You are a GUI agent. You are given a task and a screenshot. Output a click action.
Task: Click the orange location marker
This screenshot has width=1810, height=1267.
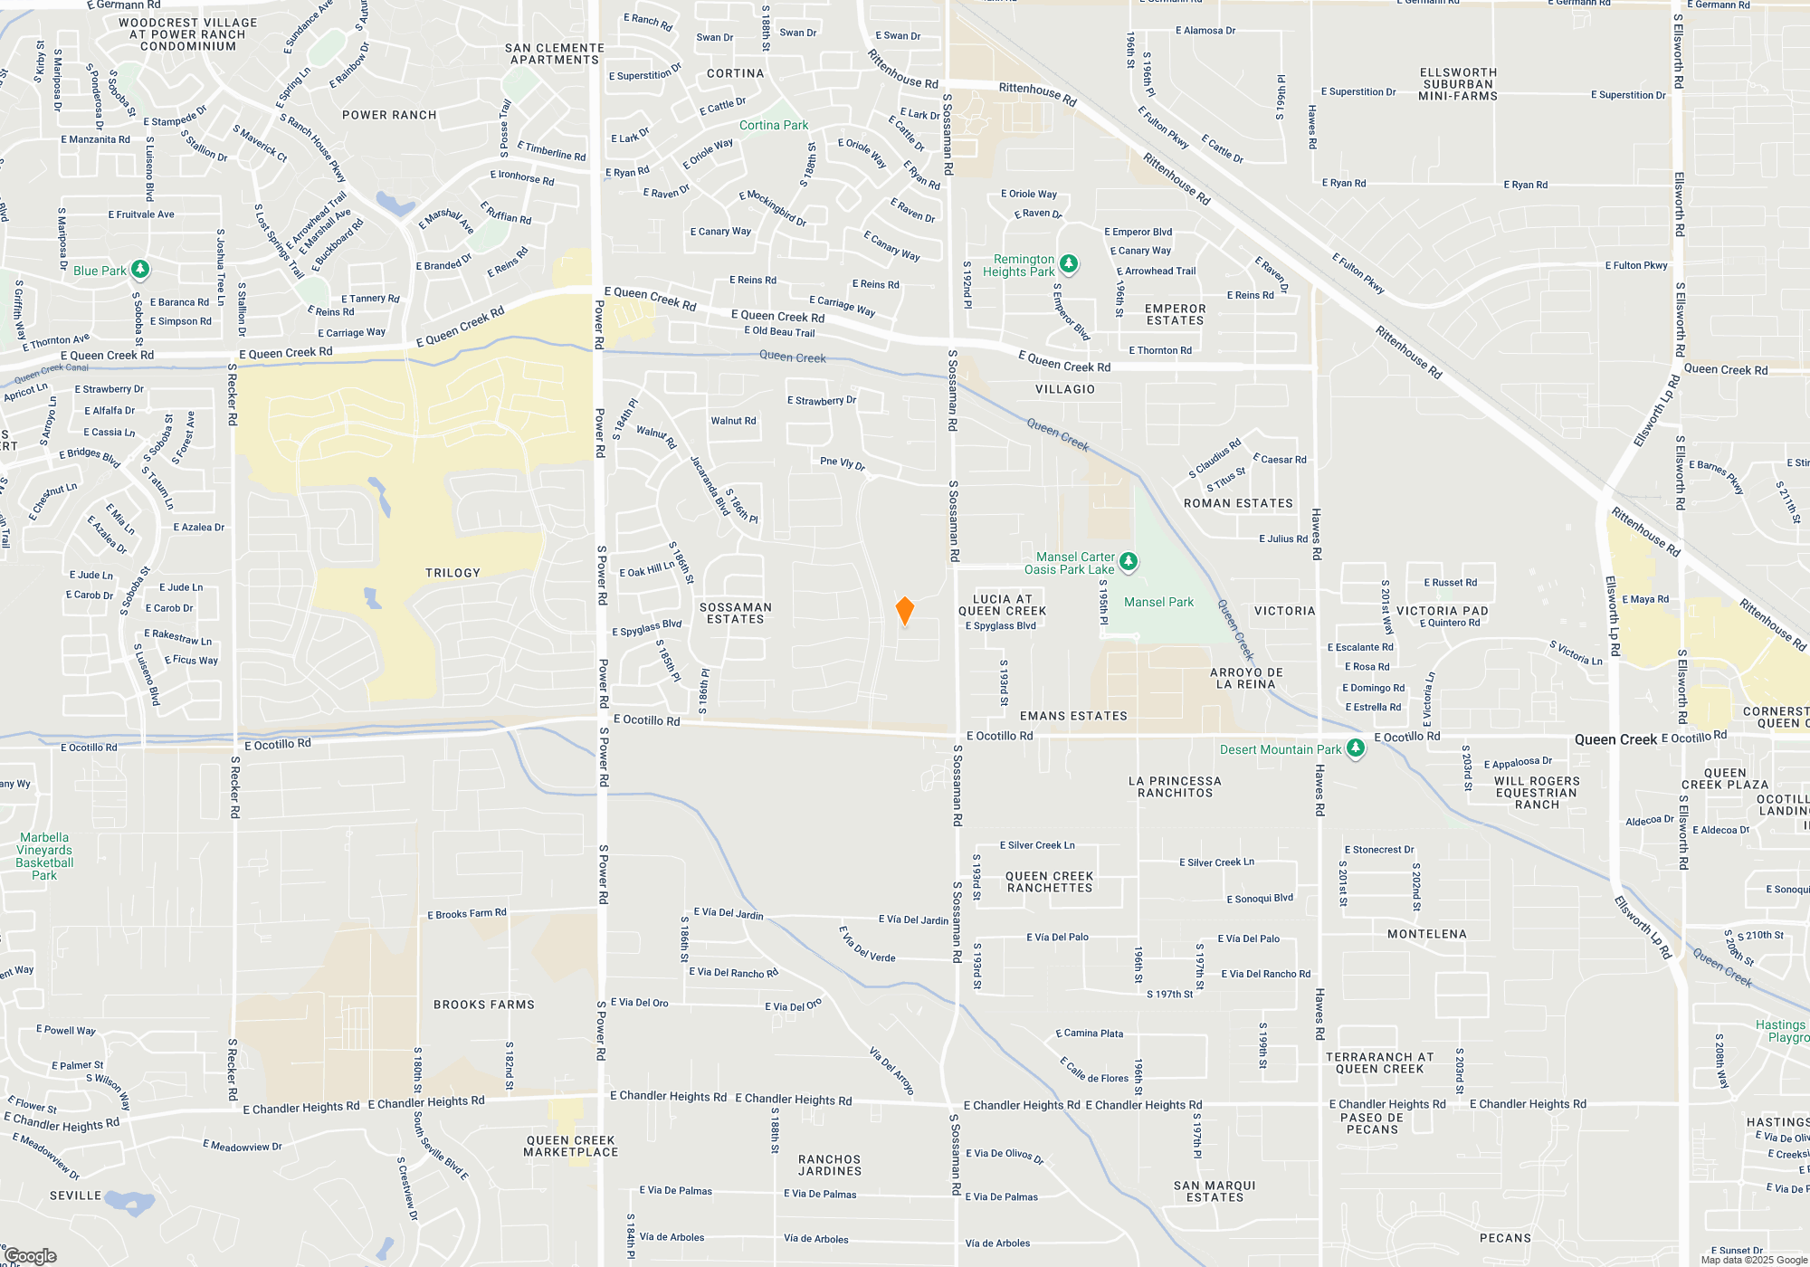904,611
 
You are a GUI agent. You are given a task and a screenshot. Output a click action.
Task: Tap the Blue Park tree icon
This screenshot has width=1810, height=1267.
139,270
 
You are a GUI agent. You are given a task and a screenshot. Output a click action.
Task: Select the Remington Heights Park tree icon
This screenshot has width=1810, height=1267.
1069,263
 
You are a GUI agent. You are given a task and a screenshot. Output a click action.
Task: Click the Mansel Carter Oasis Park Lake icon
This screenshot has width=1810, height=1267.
1128,562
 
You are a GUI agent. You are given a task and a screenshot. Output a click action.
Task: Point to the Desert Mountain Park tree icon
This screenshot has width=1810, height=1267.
1355,748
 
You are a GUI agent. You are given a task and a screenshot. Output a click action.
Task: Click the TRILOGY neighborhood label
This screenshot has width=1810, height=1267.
452,573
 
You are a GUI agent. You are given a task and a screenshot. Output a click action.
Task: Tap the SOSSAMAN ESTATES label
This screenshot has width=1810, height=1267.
735,614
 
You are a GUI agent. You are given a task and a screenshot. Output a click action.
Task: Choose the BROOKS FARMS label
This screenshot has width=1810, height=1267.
483,1005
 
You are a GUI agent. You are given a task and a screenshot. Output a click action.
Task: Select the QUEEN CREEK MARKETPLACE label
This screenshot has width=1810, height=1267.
570,1147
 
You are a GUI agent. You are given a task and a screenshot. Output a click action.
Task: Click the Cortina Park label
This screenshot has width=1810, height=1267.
773,126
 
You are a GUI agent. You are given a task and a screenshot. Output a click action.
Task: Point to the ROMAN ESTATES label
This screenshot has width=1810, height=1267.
1238,503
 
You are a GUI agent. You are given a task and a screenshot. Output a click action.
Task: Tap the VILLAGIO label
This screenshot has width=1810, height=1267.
1064,389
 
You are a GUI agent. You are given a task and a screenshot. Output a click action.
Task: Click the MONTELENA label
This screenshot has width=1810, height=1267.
1426,934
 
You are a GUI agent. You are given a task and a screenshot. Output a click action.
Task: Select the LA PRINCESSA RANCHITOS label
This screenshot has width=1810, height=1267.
1175,786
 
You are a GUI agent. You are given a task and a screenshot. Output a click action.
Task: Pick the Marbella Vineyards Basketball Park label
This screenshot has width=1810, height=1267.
44,856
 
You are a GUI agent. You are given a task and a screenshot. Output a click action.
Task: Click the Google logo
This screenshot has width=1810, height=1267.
31,1255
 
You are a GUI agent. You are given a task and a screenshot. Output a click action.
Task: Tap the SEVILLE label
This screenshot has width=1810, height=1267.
75,1196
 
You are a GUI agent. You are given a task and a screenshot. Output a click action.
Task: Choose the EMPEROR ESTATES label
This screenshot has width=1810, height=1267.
1175,314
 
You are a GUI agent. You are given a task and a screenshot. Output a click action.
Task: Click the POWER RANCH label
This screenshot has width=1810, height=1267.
389,115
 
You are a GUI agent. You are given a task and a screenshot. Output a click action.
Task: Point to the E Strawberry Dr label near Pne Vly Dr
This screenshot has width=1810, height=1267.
821,400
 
